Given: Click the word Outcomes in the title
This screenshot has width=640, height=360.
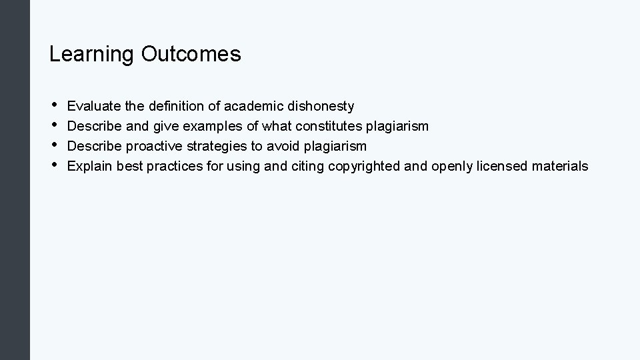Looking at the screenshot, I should click(191, 54).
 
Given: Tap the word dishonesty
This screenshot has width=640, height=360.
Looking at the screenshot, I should click(323, 106).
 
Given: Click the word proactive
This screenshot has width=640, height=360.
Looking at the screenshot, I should click(149, 146).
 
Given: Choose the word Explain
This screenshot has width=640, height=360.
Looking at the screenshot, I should click(90, 166).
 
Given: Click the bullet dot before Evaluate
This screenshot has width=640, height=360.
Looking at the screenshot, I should click(53, 105).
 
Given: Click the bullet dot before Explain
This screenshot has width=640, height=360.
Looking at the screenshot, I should click(53, 165).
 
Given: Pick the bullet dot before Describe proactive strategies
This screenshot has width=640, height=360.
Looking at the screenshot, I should click(53, 145).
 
